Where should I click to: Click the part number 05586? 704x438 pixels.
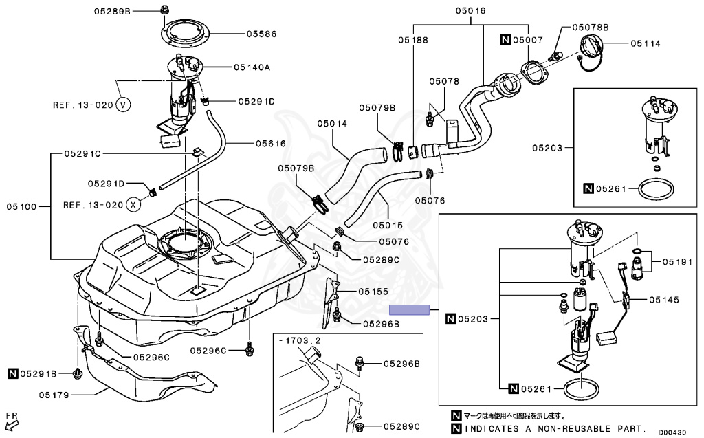[261, 34]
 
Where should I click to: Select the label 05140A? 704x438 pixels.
[252, 67]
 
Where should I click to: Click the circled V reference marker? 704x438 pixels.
[122, 105]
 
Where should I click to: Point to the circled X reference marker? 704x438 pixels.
[133, 205]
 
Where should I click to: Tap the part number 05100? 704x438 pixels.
[21, 207]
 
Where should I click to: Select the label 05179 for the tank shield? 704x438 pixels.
[54, 395]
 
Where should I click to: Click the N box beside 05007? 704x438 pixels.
[505, 39]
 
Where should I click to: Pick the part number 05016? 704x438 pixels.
[470, 10]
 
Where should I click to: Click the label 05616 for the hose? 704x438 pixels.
[271, 144]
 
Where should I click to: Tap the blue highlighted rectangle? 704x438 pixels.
[409, 309]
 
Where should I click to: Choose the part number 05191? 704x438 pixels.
[677, 262]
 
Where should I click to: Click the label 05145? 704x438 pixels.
[664, 300]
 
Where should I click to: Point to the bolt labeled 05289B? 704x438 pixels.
[165, 9]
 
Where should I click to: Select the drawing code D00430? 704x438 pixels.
[672, 432]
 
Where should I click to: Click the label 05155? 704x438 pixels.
[373, 292]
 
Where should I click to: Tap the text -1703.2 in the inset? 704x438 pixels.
[300, 340]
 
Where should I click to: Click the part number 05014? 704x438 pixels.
[332, 123]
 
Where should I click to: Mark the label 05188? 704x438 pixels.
[413, 40]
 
